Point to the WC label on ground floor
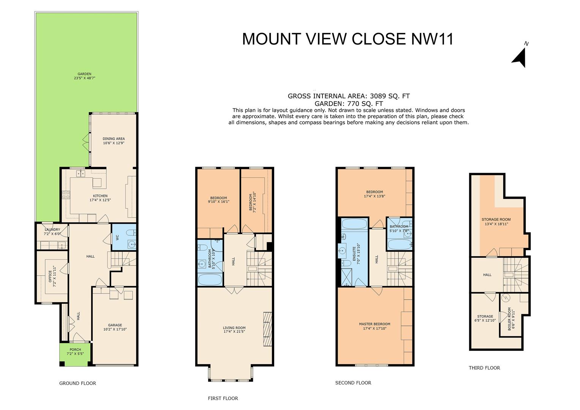coord(117,237)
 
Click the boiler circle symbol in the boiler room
coord(505,298)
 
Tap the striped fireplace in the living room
coord(268,329)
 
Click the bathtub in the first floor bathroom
coord(210,280)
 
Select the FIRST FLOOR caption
coord(223,398)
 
